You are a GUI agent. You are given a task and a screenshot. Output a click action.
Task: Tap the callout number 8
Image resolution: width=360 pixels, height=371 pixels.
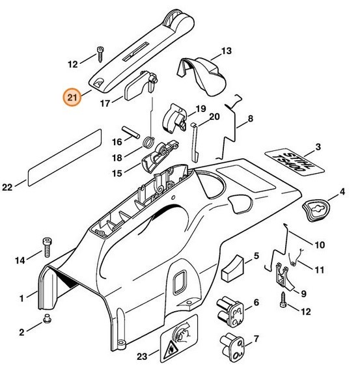(x=250, y=119)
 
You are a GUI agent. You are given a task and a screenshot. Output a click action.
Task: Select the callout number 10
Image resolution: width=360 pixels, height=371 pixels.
(x=319, y=245)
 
